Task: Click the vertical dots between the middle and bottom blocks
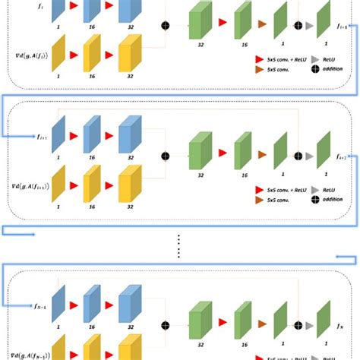click(x=180, y=241)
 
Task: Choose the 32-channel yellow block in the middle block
click(x=129, y=185)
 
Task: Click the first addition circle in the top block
click(x=165, y=26)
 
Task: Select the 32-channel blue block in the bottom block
click(x=129, y=304)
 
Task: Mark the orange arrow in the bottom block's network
click(x=263, y=327)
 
